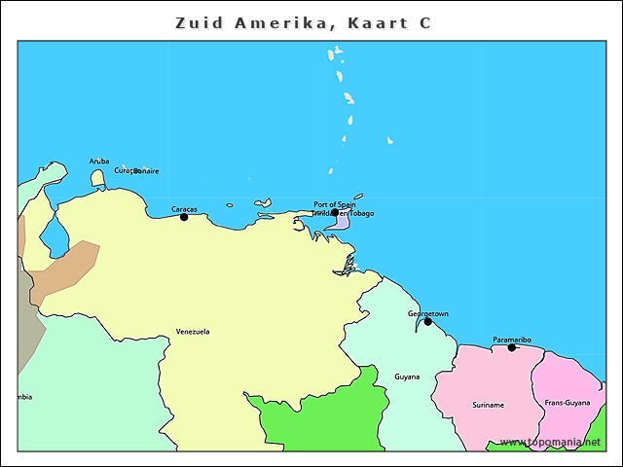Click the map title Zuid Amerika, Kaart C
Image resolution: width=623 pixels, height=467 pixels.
(x=303, y=22)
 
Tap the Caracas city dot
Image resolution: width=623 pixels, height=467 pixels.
(x=184, y=217)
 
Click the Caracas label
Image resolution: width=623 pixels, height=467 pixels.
(x=184, y=209)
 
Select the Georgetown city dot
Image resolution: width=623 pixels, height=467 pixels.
(x=427, y=321)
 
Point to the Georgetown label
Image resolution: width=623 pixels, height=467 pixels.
(x=428, y=313)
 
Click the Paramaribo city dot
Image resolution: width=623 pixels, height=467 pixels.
(x=512, y=347)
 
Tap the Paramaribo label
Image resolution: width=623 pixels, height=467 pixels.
(x=512, y=340)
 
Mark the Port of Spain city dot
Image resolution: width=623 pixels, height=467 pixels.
(x=335, y=212)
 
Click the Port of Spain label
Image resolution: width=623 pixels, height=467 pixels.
(x=334, y=204)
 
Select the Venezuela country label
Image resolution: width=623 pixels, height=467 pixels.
(x=193, y=332)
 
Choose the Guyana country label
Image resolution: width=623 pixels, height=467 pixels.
(x=407, y=377)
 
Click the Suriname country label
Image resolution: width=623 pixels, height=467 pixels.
(x=489, y=405)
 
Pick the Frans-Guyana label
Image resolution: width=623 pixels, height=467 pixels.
(x=568, y=402)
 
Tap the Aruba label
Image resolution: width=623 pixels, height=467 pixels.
(x=99, y=162)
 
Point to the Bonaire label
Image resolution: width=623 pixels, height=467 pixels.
(x=147, y=171)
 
